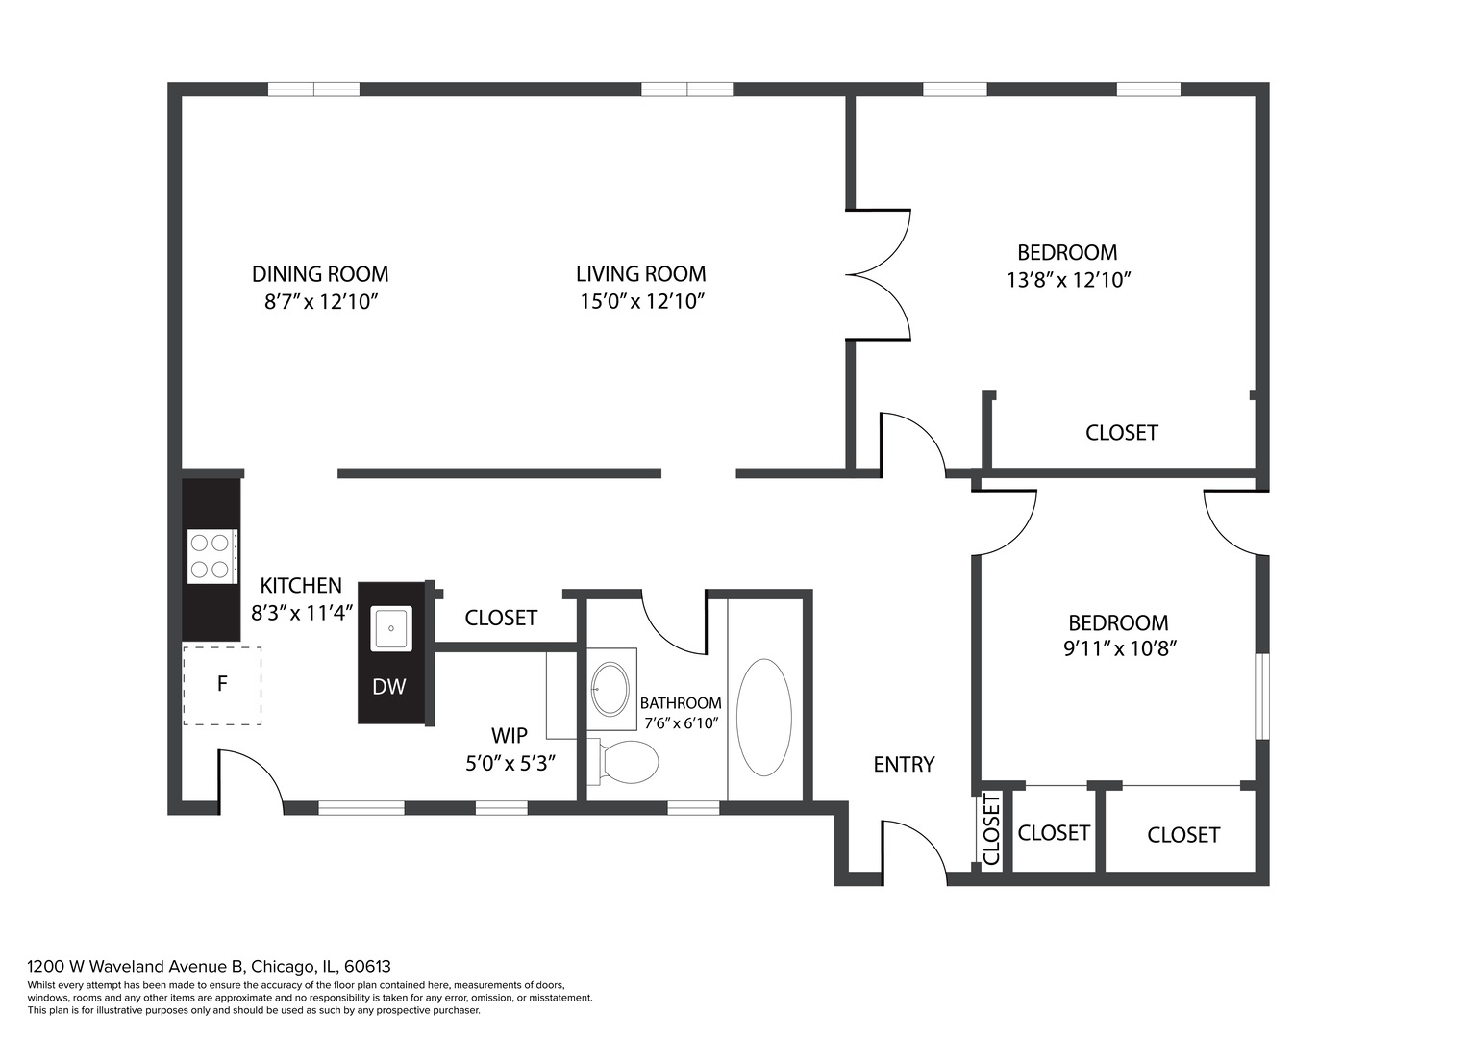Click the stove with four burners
[x=211, y=556]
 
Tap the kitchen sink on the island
[x=391, y=629]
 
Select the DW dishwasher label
[x=388, y=687]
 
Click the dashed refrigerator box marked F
[x=222, y=685]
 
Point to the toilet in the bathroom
[x=629, y=763]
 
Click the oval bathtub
[x=763, y=717]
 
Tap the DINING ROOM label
[x=320, y=274]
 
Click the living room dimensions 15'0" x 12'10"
[x=641, y=302]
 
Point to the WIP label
[x=509, y=736]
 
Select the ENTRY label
[x=904, y=765]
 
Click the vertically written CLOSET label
[x=992, y=830]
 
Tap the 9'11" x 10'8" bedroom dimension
[x=1120, y=649]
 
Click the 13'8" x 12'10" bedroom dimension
[x=1067, y=281]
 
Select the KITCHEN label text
[x=301, y=586]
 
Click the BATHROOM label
[x=681, y=703]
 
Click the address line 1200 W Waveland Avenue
[x=209, y=966]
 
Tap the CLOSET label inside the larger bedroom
[x=1121, y=433]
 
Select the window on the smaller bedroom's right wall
[x=1262, y=697]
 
